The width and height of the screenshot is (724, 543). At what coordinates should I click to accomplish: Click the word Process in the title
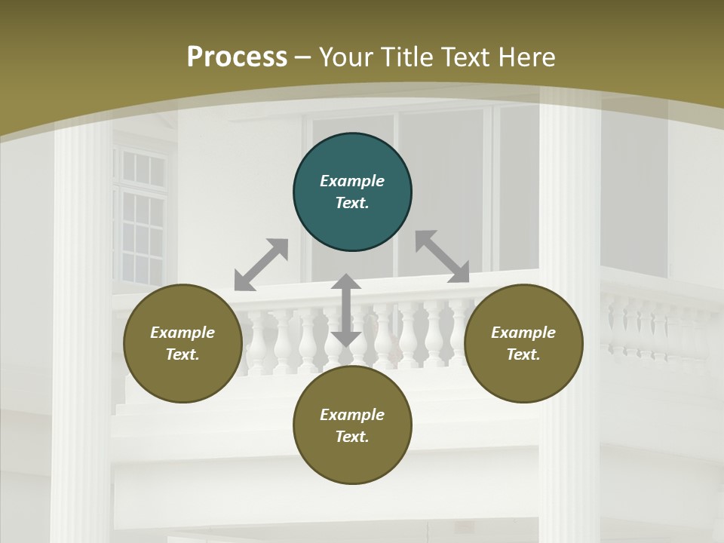click(237, 57)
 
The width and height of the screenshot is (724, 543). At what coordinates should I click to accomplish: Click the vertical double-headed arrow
click(346, 310)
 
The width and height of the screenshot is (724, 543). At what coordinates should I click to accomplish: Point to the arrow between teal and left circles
click(261, 265)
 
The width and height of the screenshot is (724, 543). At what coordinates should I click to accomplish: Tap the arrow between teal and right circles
click(443, 256)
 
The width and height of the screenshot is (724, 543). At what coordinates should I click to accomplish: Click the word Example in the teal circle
click(352, 181)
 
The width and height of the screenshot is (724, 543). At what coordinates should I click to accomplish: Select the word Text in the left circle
click(183, 354)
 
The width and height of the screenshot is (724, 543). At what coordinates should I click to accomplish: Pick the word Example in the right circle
click(523, 333)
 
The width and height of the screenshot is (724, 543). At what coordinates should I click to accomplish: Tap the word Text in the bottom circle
click(352, 437)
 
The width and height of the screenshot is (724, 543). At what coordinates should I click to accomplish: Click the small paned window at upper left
click(140, 219)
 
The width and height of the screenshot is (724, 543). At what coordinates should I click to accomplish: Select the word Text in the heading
click(465, 57)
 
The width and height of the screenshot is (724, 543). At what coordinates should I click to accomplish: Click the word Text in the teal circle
click(352, 203)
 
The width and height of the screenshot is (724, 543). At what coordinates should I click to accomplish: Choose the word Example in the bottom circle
click(352, 415)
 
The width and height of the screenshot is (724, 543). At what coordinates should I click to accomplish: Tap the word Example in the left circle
click(183, 333)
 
